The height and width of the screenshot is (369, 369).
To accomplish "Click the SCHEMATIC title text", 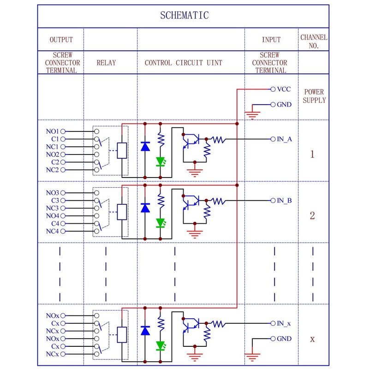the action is click(184, 15).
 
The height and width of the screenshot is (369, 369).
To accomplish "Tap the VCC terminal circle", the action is click(273, 89).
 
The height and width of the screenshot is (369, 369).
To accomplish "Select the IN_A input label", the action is click(284, 139).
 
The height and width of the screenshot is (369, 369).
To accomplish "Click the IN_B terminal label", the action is click(284, 201).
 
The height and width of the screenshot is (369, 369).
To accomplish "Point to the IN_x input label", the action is click(284, 324).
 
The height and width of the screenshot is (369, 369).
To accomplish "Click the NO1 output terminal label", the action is click(52, 131).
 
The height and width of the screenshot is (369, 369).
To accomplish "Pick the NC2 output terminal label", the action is click(52, 170).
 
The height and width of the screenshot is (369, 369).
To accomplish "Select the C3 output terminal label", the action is click(55, 201).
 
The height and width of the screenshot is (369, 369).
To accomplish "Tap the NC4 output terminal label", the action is click(52, 232).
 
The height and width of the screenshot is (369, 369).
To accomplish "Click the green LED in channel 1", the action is click(161, 162).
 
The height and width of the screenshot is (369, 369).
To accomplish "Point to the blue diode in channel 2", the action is click(145, 208).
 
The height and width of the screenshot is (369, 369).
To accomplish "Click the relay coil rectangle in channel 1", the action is click(122, 151).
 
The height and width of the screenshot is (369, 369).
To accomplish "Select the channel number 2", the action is click(312, 215).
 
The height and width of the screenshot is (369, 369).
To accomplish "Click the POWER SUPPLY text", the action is click(314, 96).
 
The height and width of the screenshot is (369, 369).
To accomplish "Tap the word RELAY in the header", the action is click(106, 63).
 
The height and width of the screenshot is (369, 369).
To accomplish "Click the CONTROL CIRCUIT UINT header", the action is click(183, 63).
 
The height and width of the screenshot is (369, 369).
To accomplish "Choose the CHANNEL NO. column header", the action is click(314, 41).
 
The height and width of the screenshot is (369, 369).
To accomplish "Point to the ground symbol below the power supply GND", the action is click(252, 115).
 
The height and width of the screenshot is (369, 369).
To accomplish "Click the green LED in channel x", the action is click(161, 346).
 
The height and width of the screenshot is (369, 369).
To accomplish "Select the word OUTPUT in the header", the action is click(61, 40).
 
